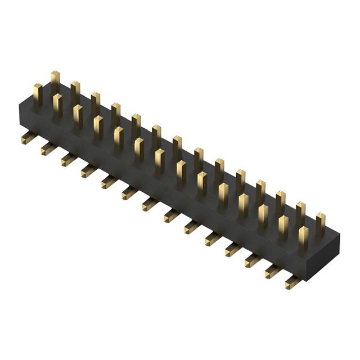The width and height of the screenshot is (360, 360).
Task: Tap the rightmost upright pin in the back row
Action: (321, 223)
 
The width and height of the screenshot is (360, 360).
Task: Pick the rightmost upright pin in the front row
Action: (303, 236)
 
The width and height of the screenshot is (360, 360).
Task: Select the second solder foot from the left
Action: (47, 148)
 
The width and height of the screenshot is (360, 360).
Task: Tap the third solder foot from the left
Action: (67, 159)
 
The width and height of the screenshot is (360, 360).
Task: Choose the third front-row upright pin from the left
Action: (78, 115)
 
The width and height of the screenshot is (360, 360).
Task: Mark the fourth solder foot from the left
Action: (88, 170)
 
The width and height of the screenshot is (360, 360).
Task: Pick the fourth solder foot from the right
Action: (232, 248)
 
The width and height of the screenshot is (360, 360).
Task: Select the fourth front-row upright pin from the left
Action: (98, 127)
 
